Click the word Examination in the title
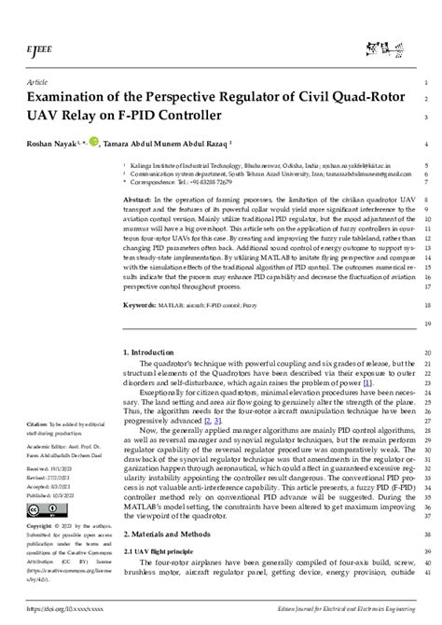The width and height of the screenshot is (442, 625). click(x=76, y=97)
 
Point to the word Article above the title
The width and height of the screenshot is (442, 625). click(x=38, y=81)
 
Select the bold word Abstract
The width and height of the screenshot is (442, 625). click(x=137, y=200)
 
